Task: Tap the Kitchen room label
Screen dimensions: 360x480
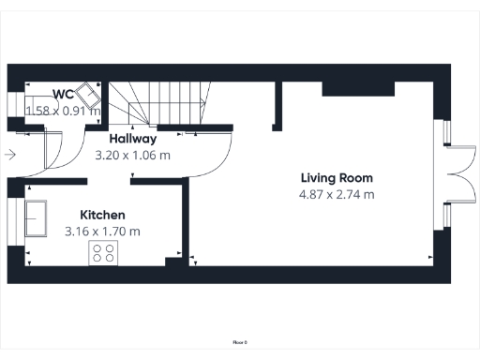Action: (x=102, y=215)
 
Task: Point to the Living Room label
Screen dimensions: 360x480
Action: (x=337, y=177)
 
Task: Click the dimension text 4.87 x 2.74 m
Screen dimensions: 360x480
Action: (x=337, y=195)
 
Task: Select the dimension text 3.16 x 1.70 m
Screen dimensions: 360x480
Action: (x=102, y=231)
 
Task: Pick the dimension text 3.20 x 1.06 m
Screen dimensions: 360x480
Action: (x=132, y=156)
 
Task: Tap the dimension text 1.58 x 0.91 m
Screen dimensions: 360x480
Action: (x=62, y=111)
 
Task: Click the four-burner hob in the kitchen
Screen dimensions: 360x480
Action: (x=103, y=252)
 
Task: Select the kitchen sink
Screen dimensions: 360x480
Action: (x=38, y=217)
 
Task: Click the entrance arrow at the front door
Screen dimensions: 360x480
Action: (x=10, y=155)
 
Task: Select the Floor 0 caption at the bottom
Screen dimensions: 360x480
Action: (x=240, y=343)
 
